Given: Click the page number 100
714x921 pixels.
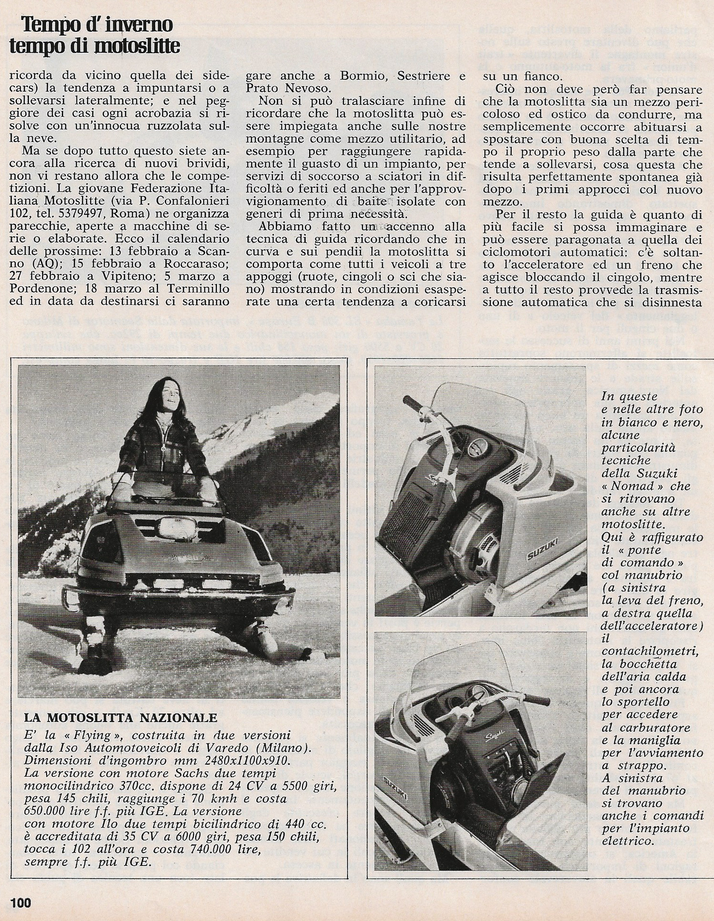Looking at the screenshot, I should [19, 901].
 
